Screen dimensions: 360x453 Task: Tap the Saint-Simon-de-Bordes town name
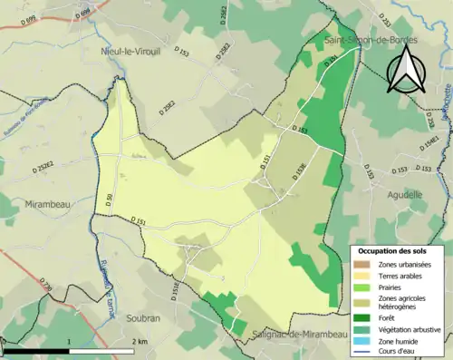tap(361, 39)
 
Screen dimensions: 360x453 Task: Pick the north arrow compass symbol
tap(402, 71)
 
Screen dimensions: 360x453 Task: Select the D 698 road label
tap(82, 13)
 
